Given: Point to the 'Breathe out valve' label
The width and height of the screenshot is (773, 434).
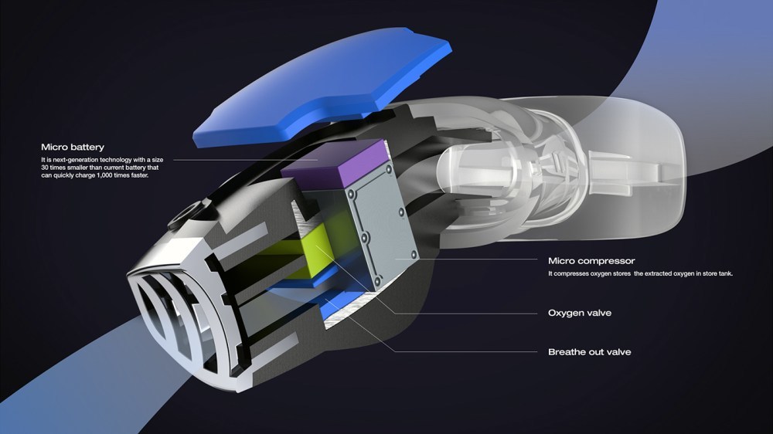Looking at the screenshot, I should pos(589,352).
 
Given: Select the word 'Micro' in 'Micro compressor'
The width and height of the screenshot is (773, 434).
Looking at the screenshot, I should pos(562,261).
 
